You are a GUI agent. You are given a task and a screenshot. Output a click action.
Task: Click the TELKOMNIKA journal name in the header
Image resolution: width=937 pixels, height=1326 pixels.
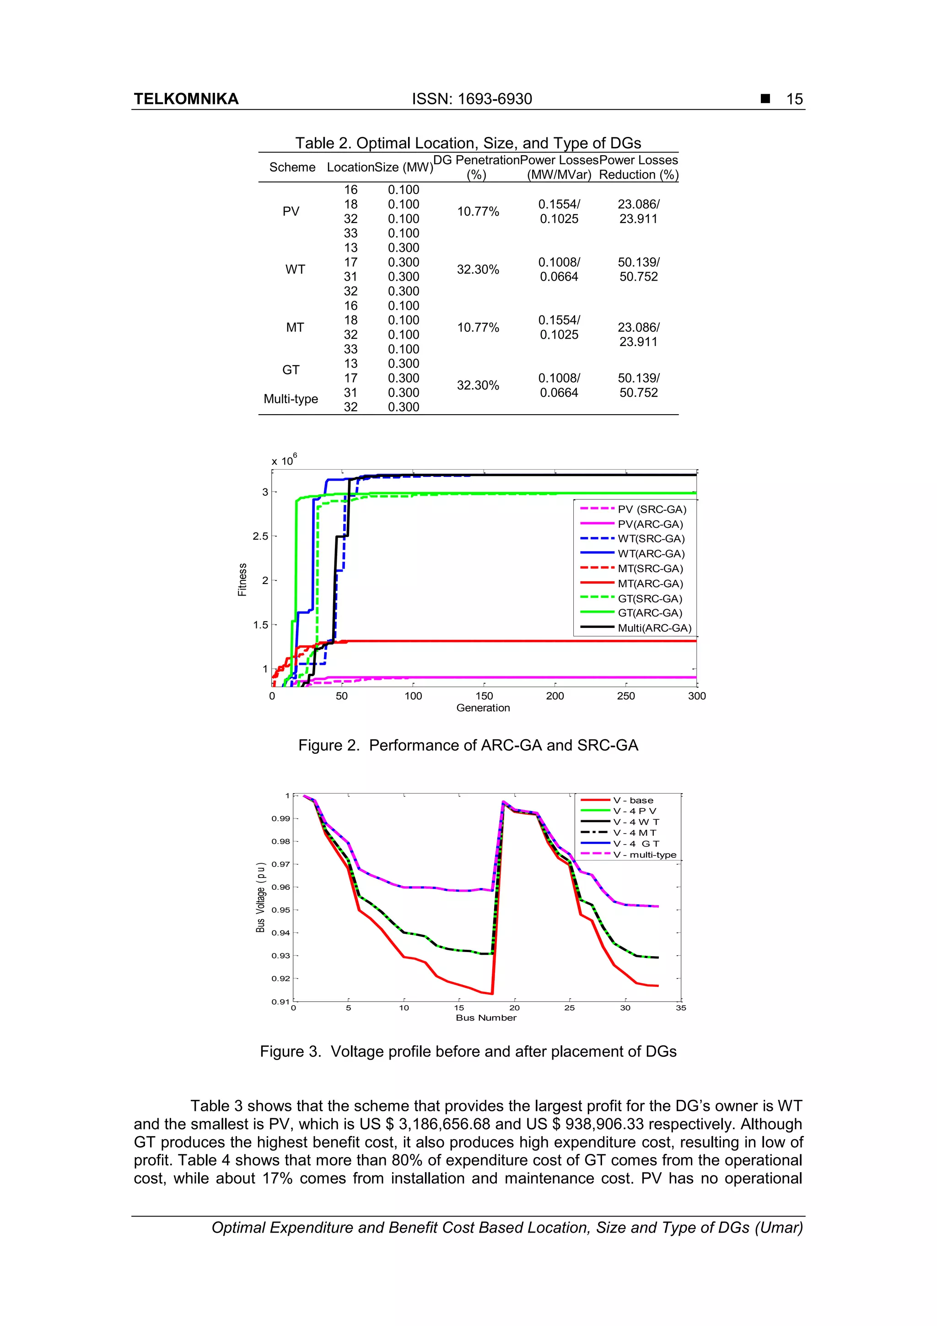click(186, 99)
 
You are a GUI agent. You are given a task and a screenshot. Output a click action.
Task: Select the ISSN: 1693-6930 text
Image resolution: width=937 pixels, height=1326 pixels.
click(472, 99)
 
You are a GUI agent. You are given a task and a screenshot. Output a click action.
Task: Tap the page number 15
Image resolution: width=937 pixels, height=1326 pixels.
click(794, 99)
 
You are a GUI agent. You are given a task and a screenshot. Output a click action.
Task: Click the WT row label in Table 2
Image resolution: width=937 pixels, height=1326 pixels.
click(295, 269)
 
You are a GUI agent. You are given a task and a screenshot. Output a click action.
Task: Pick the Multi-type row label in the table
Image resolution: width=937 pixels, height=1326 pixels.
click(291, 399)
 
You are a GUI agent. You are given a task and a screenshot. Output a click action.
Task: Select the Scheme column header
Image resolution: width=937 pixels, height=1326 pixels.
click(292, 167)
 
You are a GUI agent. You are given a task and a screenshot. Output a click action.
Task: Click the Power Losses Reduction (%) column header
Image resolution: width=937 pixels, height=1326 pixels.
click(639, 167)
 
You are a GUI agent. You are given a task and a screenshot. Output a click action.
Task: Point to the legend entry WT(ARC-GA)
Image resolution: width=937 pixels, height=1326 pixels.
click(651, 553)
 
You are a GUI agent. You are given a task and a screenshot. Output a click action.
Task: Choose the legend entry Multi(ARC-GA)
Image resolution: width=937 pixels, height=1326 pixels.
click(654, 628)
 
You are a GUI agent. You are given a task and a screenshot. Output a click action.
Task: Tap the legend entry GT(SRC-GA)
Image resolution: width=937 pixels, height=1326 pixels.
click(650, 598)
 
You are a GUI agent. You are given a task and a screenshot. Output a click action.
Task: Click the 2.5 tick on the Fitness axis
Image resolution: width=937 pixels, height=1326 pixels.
click(260, 536)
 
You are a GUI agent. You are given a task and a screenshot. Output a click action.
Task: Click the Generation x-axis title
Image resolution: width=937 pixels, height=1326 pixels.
click(483, 708)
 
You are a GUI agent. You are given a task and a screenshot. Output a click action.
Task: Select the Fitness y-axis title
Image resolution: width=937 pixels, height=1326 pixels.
click(242, 579)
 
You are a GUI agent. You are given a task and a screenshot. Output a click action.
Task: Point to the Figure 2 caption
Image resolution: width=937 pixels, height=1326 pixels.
click(468, 745)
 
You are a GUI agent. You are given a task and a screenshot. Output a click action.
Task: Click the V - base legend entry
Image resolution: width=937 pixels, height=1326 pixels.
click(633, 801)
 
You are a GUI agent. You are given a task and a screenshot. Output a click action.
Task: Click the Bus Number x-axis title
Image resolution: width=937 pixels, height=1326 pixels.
click(486, 1018)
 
